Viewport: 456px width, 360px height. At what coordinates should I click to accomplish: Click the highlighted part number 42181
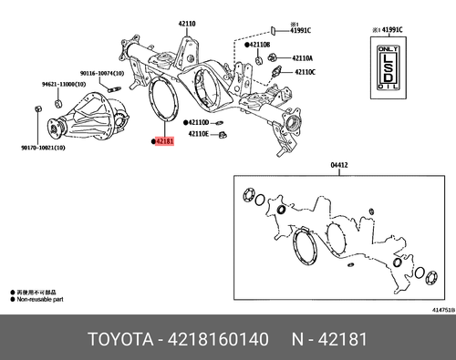point(165,142)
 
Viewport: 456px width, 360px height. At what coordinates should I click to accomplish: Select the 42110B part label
point(263,44)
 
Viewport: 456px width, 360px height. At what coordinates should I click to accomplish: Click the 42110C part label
point(303,71)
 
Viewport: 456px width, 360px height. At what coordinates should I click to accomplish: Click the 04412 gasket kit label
point(338,166)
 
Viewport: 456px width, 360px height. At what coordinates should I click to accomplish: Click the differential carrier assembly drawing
point(89,117)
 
